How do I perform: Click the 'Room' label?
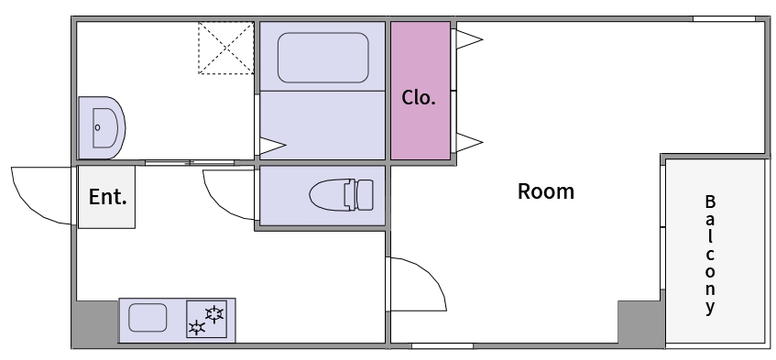pyautogui.click(x=545, y=191)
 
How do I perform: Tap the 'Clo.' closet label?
pyautogui.click(x=419, y=97)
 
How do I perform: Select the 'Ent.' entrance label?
pyautogui.click(x=107, y=197)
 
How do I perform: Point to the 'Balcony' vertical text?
pyautogui.click(x=710, y=255)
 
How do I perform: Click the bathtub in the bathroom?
pyautogui.click(x=322, y=58)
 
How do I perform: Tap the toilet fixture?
pyautogui.click(x=342, y=195)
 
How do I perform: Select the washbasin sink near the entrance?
pyautogui.click(x=102, y=127)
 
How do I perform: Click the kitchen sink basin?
pyautogui.click(x=148, y=318)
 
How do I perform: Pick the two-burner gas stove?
pyautogui.click(x=206, y=319)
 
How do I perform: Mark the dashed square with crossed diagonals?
pyautogui.click(x=226, y=48)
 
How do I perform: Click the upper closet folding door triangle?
pyautogui.click(x=469, y=39)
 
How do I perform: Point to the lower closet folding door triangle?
pyautogui.click(x=469, y=142)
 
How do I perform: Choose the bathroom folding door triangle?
pyautogui.click(x=272, y=146)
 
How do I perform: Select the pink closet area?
pyautogui.click(x=421, y=91)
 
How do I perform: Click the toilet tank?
pyautogui.click(x=365, y=195)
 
